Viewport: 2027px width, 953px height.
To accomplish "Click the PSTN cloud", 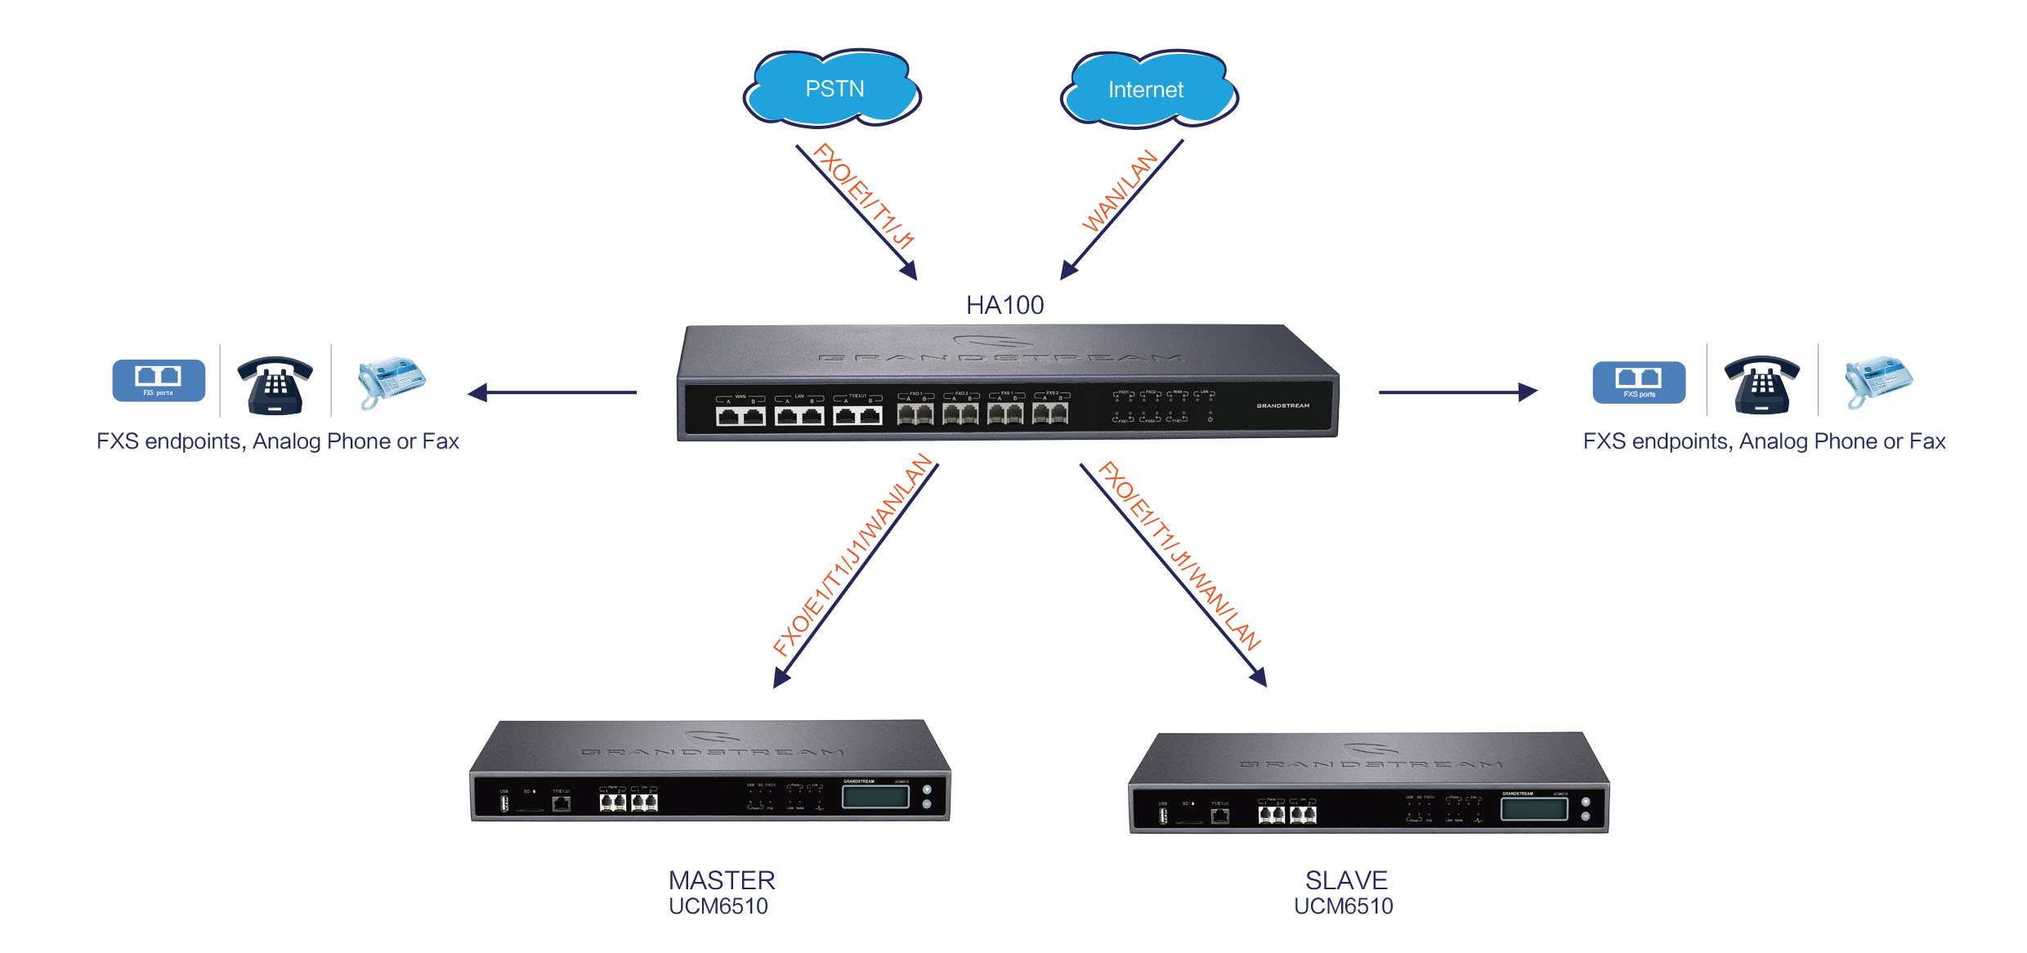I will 833,88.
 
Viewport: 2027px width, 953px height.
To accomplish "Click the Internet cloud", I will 1148,89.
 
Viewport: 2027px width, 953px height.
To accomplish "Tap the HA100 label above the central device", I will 1005,305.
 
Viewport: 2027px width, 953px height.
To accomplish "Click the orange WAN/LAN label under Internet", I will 1119,190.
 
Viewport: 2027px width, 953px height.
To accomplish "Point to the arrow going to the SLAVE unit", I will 1173,575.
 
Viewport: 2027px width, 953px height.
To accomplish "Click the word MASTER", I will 722,880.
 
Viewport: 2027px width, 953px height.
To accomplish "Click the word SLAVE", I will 1346,880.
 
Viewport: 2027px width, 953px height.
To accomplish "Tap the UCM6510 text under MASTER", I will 718,906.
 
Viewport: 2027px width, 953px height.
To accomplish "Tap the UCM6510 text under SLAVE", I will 1343,906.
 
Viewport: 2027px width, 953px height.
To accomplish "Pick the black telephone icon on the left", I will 275,385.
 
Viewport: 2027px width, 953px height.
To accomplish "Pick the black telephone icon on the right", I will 1761,385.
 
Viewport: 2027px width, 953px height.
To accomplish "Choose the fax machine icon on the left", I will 391,381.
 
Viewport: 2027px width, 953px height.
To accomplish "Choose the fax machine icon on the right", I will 1877,381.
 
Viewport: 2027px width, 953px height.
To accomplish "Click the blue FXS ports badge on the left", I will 159,381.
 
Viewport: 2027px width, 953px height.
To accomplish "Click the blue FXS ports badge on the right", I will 1639,383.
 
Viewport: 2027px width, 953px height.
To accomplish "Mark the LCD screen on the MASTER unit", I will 875,797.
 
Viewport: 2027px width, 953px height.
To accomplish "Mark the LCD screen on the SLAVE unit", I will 1534,809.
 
